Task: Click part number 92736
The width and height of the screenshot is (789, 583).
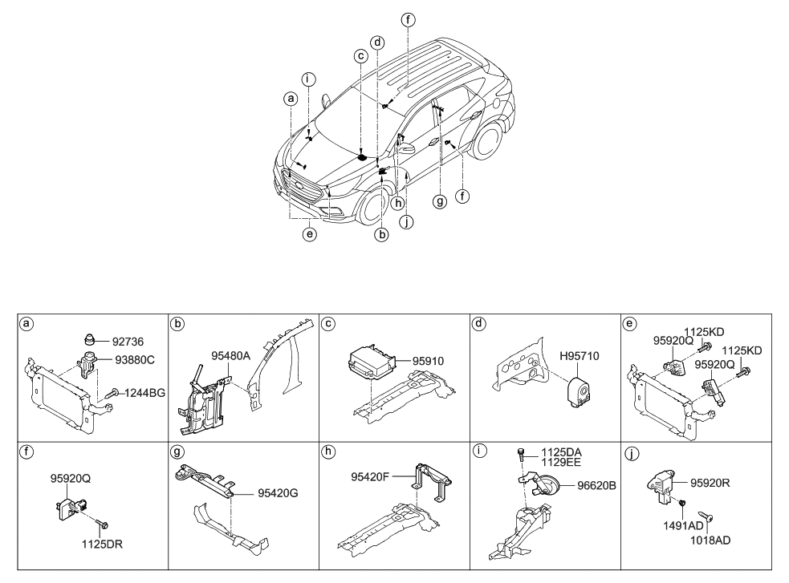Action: click(x=128, y=340)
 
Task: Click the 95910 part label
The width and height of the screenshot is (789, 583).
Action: click(x=429, y=362)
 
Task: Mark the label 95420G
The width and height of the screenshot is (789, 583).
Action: click(x=277, y=493)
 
